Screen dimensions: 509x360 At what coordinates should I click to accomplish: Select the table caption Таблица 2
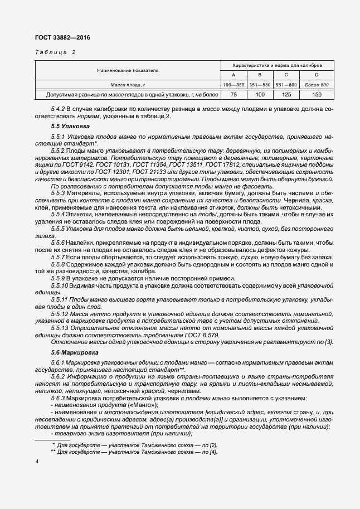[55, 52]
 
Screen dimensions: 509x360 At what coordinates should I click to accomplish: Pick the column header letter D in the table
[317, 75]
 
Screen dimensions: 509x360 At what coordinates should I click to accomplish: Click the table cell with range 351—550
[260, 85]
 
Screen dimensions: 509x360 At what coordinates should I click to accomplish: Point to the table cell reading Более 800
[317, 85]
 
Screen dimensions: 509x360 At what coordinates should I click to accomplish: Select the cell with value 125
[285, 95]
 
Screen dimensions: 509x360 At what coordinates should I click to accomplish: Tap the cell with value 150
[317, 95]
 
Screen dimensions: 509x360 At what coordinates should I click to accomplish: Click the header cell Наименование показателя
[128, 70]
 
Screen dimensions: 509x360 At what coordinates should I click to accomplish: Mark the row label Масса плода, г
[128, 85]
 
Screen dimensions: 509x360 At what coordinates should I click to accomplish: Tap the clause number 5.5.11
[60, 300]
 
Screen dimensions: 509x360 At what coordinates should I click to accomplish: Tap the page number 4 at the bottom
[37, 462]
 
